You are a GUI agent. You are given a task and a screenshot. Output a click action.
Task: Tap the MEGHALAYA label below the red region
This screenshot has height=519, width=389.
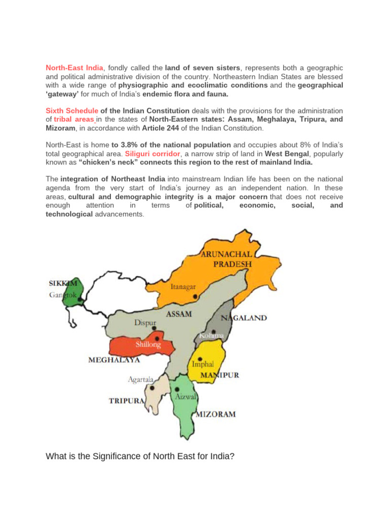click(114, 361)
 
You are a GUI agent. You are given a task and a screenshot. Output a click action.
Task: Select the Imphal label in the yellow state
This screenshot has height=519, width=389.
click(203, 363)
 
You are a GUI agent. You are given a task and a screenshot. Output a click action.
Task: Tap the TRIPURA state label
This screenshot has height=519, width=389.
click(127, 400)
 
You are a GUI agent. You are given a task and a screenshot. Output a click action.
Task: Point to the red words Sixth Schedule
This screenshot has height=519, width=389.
click(72, 110)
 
